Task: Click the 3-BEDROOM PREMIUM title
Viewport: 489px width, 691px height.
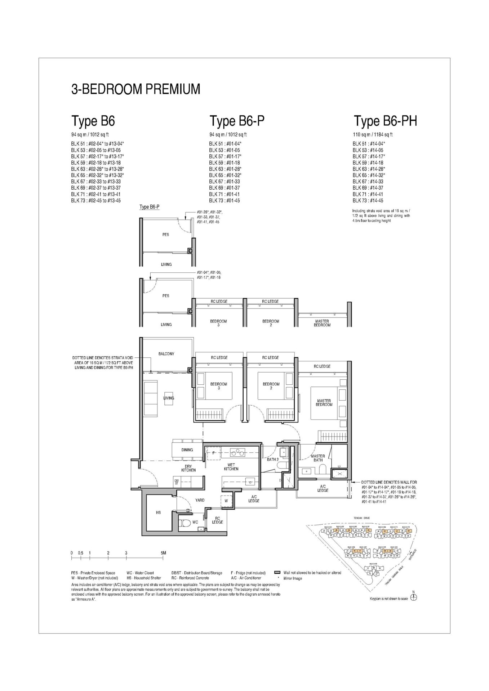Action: pos(135,89)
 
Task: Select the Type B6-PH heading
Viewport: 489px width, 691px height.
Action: pos(385,121)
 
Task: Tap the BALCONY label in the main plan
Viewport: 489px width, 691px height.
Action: pos(166,354)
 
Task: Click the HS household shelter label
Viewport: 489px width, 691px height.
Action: pos(158,512)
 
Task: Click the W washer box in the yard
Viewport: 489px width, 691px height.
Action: pos(226,501)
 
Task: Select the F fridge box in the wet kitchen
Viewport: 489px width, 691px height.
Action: pos(214,453)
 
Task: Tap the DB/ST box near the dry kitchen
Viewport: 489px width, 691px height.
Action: pos(177,482)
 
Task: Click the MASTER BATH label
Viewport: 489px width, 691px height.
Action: pos(318,458)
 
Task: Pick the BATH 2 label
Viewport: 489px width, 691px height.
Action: pos(272,459)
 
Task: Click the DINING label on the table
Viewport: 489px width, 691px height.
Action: pos(187,450)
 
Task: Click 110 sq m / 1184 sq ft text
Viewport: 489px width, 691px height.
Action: pos(373,135)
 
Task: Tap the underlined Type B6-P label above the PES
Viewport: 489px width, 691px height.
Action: pos(149,207)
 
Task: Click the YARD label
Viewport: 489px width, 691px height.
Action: pos(200,500)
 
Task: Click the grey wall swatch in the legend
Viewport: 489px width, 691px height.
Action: pos(277,572)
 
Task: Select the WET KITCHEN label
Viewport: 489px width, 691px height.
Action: pos(231,467)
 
